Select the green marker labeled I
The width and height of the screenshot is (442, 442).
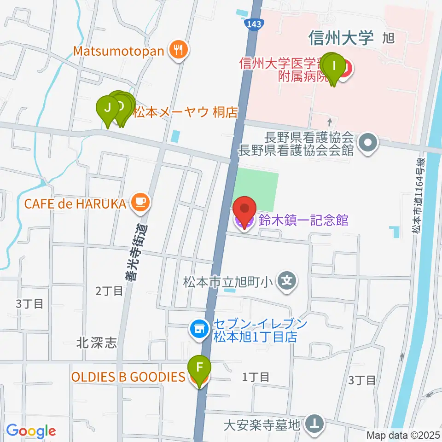click(x=335, y=65)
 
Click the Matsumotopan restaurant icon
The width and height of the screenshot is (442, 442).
click(x=178, y=50)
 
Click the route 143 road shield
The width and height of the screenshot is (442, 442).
click(x=255, y=23)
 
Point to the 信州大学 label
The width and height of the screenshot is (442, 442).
click(x=341, y=38)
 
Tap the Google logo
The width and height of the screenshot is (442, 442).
click(x=31, y=431)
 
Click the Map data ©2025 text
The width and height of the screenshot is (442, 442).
click(x=404, y=435)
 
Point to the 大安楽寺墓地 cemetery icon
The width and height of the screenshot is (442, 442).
click(x=315, y=424)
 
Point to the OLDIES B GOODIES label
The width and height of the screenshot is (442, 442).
click(x=128, y=377)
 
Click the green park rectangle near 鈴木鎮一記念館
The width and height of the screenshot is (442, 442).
click(x=256, y=189)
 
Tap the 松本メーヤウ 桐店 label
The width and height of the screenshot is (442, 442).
click(x=185, y=112)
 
